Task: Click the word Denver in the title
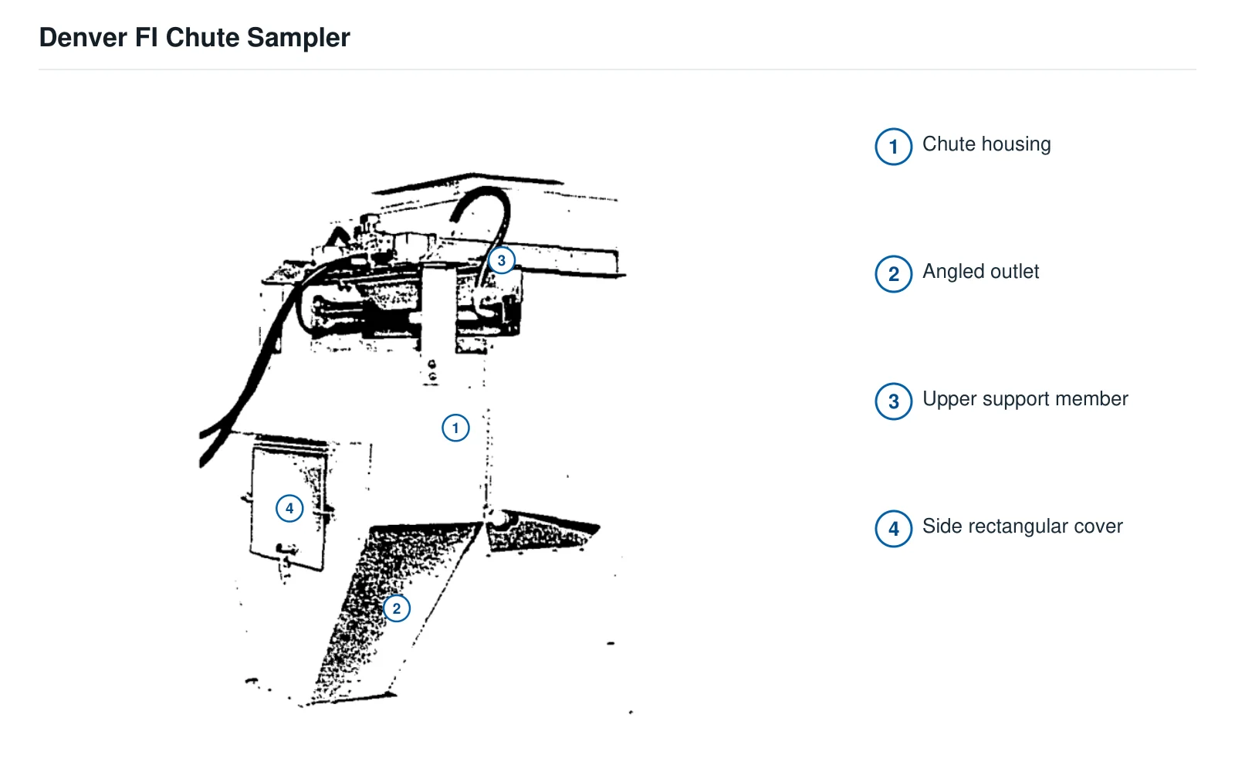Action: point(83,38)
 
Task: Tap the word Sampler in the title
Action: point(298,39)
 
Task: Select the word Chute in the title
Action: point(202,38)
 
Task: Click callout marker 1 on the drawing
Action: point(455,428)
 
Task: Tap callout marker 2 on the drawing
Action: point(397,609)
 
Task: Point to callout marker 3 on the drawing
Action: point(502,260)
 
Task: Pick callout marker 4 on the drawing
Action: point(289,509)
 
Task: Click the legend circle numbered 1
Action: point(894,147)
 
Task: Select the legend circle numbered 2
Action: point(894,274)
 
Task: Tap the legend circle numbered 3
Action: point(894,401)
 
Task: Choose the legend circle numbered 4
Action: point(894,529)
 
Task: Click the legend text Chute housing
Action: point(987,144)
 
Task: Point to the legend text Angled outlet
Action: point(981,272)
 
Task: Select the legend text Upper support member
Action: point(1026,399)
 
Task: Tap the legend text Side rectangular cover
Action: point(1023,527)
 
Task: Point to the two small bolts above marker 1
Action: point(432,371)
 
